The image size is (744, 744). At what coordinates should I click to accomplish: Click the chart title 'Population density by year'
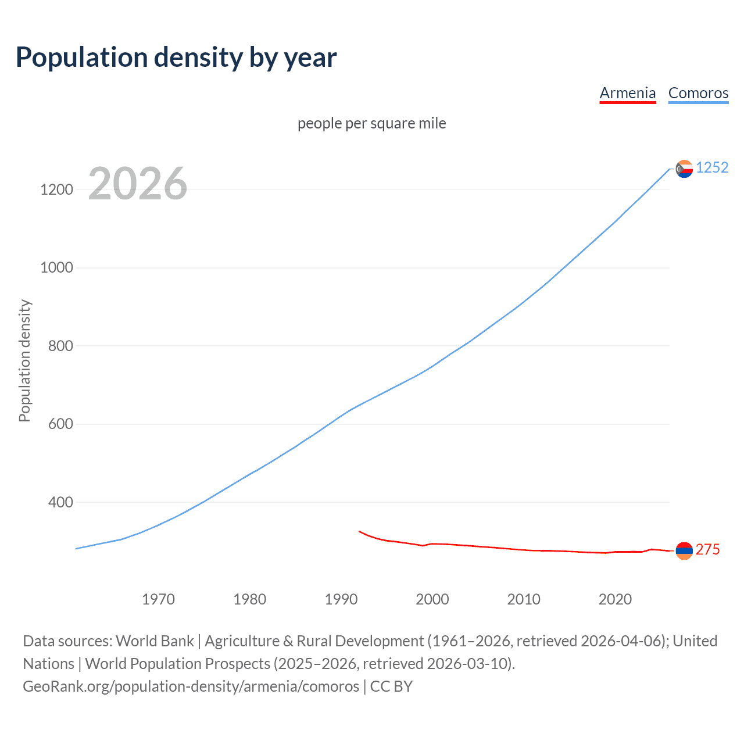(x=176, y=58)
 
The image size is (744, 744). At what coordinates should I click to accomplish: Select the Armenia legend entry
(x=627, y=93)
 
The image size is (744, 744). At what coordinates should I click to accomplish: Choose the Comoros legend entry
(x=698, y=93)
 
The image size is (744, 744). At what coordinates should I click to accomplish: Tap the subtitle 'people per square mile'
(x=372, y=124)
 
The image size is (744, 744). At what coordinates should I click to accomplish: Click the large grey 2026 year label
(x=138, y=184)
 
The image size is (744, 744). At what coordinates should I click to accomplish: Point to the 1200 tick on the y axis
(x=56, y=189)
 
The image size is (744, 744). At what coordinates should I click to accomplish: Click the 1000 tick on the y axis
(x=56, y=267)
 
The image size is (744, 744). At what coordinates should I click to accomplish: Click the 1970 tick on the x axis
(x=158, y=599)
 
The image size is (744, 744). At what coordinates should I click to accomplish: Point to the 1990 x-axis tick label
(x=341, y=599)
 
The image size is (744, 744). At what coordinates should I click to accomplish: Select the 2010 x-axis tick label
(x=524, y=599)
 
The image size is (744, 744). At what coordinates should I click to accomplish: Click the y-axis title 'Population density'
(x=24, y=360)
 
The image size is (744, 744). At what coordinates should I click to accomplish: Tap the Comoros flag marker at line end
(x=684, y=169)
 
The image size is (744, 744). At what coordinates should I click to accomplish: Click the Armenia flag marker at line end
(x=684, y=550)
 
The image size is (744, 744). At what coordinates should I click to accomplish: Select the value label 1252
(x=712, y=168)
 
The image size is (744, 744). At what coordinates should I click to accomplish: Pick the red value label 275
(x=707, y=550)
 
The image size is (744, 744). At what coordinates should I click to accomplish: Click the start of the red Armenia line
(x=360, y=531)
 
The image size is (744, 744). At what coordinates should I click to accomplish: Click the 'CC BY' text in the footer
(x=391, y=686)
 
